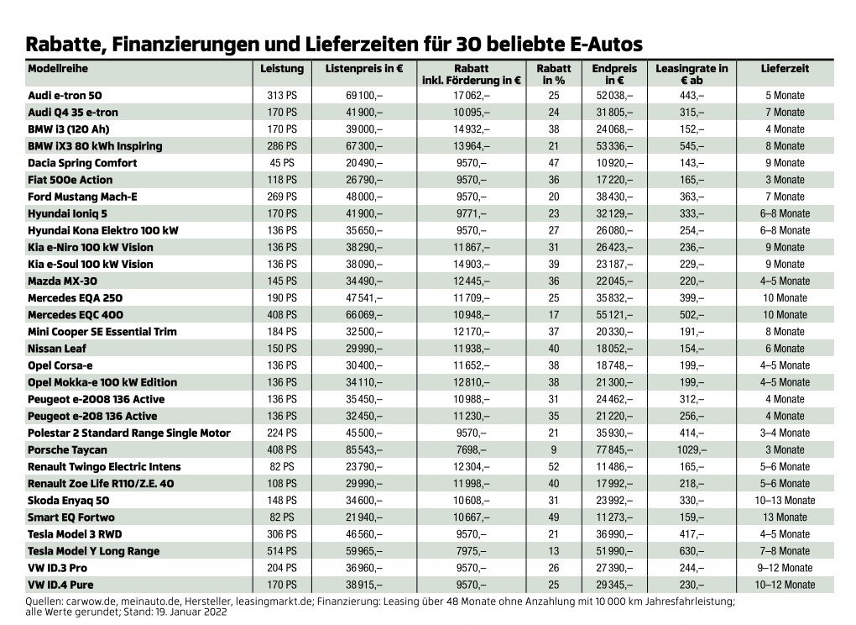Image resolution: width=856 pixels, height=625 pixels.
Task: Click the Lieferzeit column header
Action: pos(785,68)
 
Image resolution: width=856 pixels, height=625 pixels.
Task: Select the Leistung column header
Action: pos(282,68)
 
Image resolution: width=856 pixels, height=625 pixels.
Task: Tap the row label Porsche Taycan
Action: pos(67,449)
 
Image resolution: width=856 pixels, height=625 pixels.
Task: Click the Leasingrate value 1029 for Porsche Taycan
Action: pos(692,449)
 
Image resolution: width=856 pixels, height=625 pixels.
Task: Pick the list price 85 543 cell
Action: pos(364,449)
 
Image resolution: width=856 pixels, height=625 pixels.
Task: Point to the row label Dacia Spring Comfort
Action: pos(82,163)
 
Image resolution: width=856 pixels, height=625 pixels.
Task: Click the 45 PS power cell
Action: pos(282,163)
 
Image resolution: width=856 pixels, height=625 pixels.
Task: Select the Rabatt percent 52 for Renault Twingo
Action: pos(554,466)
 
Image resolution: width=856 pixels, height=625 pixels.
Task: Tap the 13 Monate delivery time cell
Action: pos(785,517)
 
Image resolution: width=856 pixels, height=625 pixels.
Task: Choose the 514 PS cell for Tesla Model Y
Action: pos(282,551)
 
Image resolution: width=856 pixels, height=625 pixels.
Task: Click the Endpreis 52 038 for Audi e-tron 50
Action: pos(614,95)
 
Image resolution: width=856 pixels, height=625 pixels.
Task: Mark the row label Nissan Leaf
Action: pos(57,349)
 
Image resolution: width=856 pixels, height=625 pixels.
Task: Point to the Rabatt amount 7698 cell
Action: pos(471,449)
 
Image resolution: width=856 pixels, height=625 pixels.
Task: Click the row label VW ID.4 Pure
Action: pos(60,585)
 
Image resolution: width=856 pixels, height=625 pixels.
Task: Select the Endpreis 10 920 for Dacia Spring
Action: pos(614,163)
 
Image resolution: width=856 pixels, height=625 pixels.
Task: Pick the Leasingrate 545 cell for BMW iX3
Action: pos(692,146)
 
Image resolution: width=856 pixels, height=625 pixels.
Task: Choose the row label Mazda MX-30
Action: pos(62,281)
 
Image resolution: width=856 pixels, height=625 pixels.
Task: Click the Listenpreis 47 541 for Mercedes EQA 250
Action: pos(364,297)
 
